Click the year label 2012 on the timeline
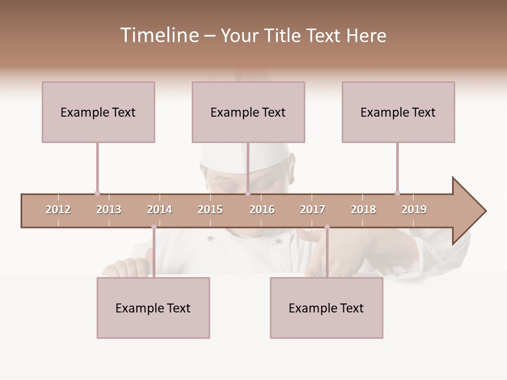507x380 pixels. click(x=58, y=210)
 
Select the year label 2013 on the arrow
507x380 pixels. click(x=109, y=210)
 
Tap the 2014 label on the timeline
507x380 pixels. click(x=159, y=210)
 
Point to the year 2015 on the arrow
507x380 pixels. click(x=210, y=210)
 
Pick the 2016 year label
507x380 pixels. click(x=262, y=210)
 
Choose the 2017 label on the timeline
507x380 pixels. click(x=313, y=210)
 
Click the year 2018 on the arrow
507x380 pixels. click(x=363, y=210)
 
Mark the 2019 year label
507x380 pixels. click(x=414, y=210)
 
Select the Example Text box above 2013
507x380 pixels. click(x=98, y=112)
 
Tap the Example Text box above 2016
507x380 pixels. click(x=248, y=112)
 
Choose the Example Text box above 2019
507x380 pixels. click(x=398, y=112)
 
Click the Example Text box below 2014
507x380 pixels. click(x=153, y=308)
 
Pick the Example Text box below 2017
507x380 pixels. click(x=326, y=308)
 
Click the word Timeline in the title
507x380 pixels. click(x=158, y=35)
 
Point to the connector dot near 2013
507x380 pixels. click(x=97, y=193)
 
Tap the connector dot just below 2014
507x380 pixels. click(x=154, y=227)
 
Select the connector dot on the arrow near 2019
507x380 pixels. click(x=397, y=193)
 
